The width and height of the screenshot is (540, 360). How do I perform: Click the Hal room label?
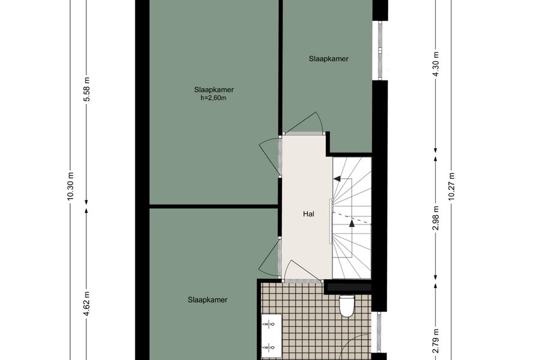pos(308,214)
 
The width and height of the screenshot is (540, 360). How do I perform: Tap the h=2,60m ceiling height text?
pos(214,98)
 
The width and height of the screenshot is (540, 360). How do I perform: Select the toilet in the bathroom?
pos(346,306)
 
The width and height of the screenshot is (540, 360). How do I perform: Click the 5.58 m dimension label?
pos(87,89)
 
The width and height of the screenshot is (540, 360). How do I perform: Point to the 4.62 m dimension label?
pos(87,303)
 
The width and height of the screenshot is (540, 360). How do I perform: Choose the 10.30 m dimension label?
pos(71,186)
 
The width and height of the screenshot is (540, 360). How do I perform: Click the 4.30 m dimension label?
pos(436,64)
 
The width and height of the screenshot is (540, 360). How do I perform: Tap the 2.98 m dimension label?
pos(436,218)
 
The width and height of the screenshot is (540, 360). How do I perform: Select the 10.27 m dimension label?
pos(452,186)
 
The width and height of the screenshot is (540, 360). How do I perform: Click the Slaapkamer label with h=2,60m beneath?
pos(214,90)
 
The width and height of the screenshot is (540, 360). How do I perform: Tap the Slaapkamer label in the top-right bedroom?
pos(329,59)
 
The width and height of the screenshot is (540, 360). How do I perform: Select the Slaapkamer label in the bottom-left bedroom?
pos(208,300)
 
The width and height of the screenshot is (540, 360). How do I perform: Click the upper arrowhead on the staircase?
pos(337,179)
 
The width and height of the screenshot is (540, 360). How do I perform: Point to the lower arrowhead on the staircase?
pos(352,224)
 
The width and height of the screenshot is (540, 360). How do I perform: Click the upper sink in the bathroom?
pos(269,324)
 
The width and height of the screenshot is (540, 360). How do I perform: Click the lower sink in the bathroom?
pos(269,347)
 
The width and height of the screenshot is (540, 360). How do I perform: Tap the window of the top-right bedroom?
pos(380,50)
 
